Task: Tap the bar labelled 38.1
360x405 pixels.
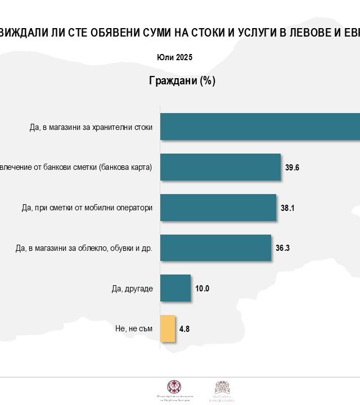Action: (218, 208)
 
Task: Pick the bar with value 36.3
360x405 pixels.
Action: (215, 248)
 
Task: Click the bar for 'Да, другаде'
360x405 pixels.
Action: (175, 289)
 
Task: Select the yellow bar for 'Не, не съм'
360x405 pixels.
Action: (168, 329)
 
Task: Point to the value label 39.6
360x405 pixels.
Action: (292, 168)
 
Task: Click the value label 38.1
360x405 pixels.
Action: (287, 208)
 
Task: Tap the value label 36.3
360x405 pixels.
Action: (282, 249)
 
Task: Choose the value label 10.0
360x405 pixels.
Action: (202, 289)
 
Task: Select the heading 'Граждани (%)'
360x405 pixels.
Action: (182, 81)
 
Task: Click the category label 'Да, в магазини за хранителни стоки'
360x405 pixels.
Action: (91, 127)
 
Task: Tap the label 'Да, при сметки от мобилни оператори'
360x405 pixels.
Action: (87, 208)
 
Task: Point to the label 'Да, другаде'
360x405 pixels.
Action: (132, 289)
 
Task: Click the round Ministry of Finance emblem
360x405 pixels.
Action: (174, 386)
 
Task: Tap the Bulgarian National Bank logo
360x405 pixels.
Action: (222, 388)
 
